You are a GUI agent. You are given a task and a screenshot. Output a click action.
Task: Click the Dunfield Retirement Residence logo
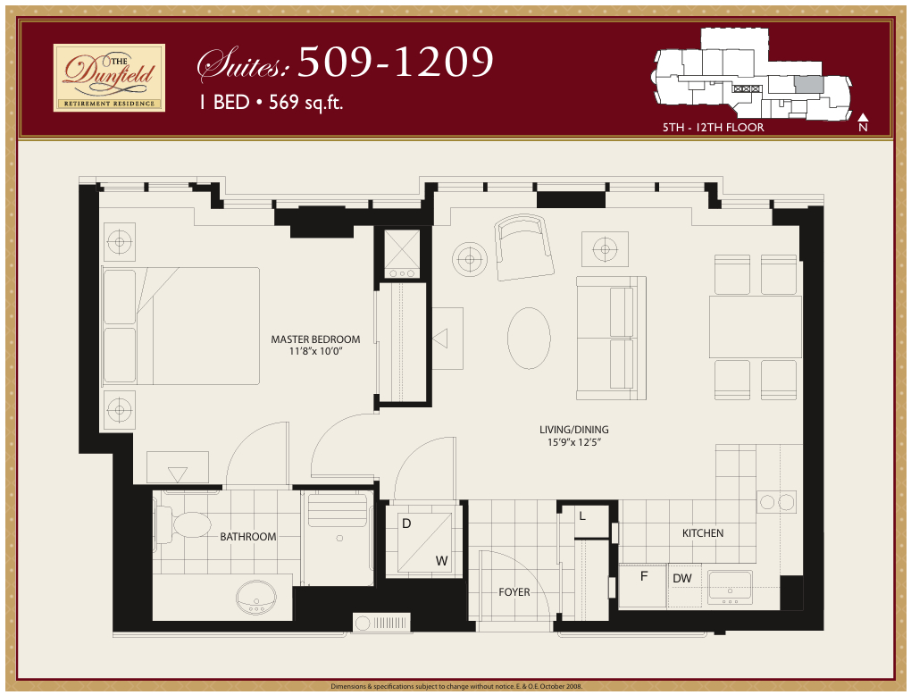click(109, 78)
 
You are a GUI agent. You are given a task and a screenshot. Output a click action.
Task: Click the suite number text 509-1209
click(395, 62)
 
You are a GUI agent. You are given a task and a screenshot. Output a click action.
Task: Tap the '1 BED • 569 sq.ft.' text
click(272, 102)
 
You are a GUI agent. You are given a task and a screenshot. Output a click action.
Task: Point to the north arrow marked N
click(863, 122)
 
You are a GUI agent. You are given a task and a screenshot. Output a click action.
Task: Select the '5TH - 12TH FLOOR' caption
click(713, 128)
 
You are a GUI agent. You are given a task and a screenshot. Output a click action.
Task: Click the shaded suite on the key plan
click(808, 85)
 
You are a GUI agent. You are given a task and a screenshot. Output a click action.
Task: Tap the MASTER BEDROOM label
click(315, 339)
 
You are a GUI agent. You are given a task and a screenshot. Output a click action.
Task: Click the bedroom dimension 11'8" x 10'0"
click(315, 352)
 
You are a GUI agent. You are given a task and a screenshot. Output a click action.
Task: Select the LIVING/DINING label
click(573, 430)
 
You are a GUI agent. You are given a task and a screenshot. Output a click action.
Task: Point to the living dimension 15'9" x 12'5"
click(573, 442)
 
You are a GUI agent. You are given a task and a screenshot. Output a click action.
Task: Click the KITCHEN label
click(703, 533)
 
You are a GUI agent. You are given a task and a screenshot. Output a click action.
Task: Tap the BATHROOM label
click(247, 537)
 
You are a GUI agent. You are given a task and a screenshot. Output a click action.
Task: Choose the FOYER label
click(514, 592)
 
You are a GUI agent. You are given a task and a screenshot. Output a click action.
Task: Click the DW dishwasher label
click(682, 579)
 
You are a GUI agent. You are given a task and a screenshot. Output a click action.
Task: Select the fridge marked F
click(643, 576)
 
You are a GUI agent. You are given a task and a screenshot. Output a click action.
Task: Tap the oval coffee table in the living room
click(529, 338)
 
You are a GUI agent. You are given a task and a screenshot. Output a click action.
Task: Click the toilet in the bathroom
click(188, 524)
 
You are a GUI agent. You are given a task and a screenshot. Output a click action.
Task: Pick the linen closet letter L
click(582, 516)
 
